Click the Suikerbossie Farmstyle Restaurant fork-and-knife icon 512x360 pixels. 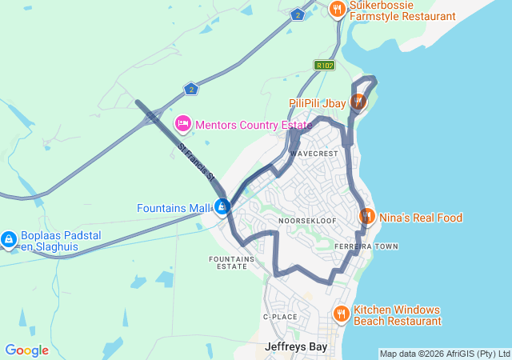click(338, 10)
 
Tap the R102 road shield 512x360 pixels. click(324, 66)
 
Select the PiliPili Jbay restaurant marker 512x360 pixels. click(358, 102)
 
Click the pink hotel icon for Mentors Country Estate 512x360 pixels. click(182, 124)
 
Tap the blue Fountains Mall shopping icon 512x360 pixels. click(222, 207)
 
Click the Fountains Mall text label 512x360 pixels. click(174, 208)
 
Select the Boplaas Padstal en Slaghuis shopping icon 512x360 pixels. click(9, 238)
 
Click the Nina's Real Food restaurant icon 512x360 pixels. click(367, 216)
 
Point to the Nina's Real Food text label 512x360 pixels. click(420, 218)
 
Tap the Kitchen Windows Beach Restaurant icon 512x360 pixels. click(341, 314)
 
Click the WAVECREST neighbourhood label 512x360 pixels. click(315, 152)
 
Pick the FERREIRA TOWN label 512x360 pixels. click(366, 246)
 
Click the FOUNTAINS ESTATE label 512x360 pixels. click(232, 262)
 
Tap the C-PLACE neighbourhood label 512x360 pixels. click(280, 317)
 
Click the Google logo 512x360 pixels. click(26, 350)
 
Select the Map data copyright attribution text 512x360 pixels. click(444, 354)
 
